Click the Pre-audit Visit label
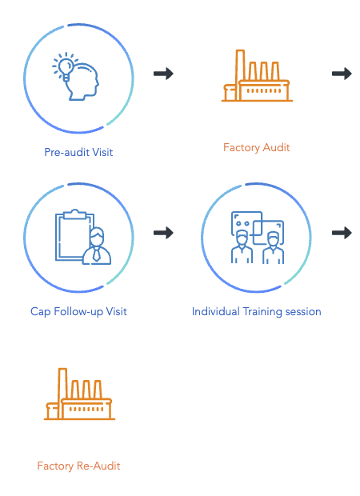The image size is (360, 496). [78, 152]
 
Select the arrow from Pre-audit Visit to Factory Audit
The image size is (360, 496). [163, 74]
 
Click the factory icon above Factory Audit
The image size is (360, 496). [257, 76]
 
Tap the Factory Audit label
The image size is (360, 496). [257, 147]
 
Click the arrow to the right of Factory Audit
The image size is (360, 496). [342, 74]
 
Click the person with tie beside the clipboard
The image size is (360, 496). [97, 246]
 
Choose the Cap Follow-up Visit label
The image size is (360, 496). [78, 311]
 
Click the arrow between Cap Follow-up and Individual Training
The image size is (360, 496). [163, 233]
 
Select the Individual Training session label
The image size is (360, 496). [257, 311]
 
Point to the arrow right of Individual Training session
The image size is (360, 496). [342, 233]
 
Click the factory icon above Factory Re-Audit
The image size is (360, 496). [79, 394]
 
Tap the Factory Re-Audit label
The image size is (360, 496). [78, 466]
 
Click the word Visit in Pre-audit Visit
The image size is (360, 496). [102, 152]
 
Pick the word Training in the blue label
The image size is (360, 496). [262, 311]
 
